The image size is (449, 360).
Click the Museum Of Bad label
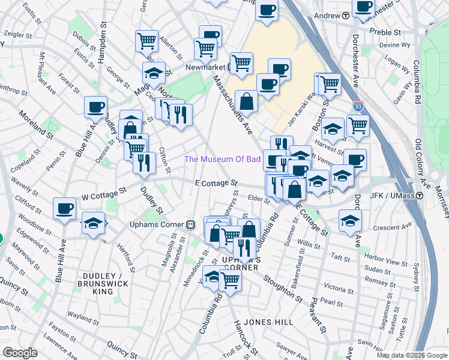(222, 159)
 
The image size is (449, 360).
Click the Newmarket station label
(203, 68)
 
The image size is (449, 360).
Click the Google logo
(19, 353)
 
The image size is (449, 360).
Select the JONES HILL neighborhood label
(266, 322)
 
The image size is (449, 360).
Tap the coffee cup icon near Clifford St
(64, 209)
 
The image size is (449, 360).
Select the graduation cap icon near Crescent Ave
(350, 220)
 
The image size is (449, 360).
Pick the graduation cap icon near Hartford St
(92, 223)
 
